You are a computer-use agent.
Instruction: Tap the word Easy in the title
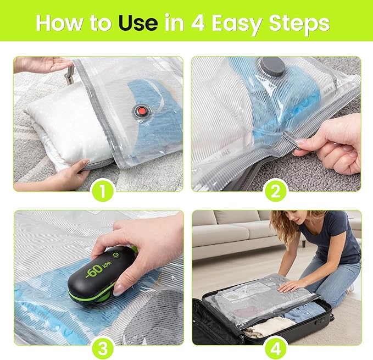241,23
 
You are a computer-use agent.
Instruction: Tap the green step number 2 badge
276,191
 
